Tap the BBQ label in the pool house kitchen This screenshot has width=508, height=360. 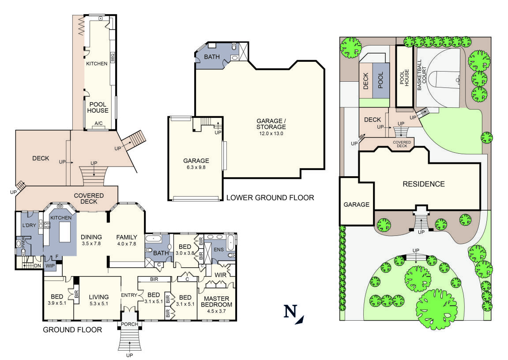coord(112,57)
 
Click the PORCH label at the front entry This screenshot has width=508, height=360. coord(129,325)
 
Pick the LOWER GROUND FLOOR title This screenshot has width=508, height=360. coord(270,197)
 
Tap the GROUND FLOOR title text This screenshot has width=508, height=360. coord(72,330)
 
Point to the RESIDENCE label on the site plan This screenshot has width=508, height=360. coord(423,184)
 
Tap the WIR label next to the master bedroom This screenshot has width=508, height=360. coord(220,275)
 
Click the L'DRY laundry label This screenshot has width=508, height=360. coord(29,226)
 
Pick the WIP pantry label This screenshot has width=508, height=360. coord(50,265)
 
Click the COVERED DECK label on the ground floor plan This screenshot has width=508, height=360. coord(89,198)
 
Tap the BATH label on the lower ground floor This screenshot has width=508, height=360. coord(211,57)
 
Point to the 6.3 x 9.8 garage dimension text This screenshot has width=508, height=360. coord(196,168)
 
